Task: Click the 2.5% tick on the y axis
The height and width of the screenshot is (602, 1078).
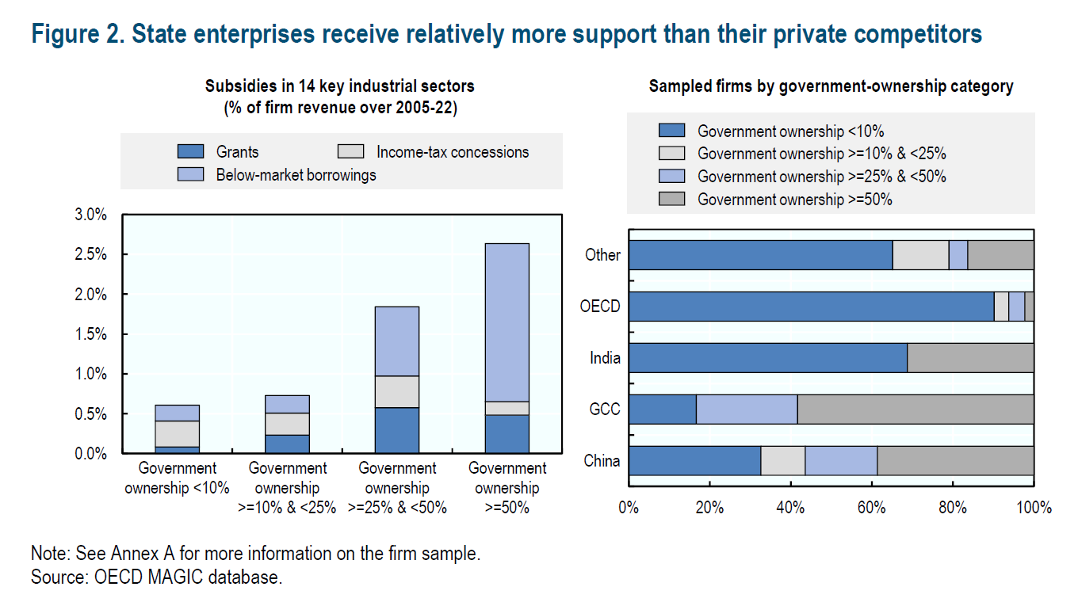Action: (90, 254)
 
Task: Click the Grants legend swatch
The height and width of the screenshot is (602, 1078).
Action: (191, 151)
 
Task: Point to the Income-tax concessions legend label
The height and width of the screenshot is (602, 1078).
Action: (453, 151)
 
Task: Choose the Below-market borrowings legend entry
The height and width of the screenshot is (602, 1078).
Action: (296, 174)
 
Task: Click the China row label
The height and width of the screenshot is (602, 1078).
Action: (602, 460)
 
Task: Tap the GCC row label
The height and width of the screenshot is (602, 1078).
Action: (605, 410)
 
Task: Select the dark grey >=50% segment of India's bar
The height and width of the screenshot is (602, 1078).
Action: (970, 358)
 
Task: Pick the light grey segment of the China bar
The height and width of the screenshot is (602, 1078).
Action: (782, 460)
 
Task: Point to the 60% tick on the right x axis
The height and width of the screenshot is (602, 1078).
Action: (872, 507)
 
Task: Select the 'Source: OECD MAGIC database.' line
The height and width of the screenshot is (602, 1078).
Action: (156, 577)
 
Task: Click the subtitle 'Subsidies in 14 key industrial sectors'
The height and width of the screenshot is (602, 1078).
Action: (340, 86)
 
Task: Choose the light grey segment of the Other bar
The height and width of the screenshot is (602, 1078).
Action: (920, 255)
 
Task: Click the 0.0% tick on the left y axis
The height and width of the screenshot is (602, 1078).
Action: (90, 453)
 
